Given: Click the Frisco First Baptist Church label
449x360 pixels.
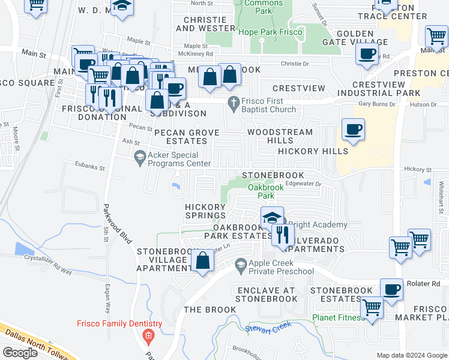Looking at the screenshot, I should (x=269, y=106).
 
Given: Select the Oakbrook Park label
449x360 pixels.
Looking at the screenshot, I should (x=262, y=191).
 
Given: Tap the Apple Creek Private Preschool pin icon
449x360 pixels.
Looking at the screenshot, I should (x=240, y=264).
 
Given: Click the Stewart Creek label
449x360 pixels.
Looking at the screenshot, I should (x=268, y=328).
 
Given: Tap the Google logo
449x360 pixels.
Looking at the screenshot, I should (x=20, y=353).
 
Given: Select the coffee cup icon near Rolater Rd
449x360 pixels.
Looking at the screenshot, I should (x=391, y=289).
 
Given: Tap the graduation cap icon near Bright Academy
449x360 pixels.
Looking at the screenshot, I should (x=272, y=217).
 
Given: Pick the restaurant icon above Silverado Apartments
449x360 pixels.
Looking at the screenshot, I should (x=283, y=234).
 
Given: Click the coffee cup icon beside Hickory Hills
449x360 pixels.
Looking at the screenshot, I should (x=353, y=129).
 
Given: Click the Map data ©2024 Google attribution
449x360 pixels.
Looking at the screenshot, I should (x=411, y=355).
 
